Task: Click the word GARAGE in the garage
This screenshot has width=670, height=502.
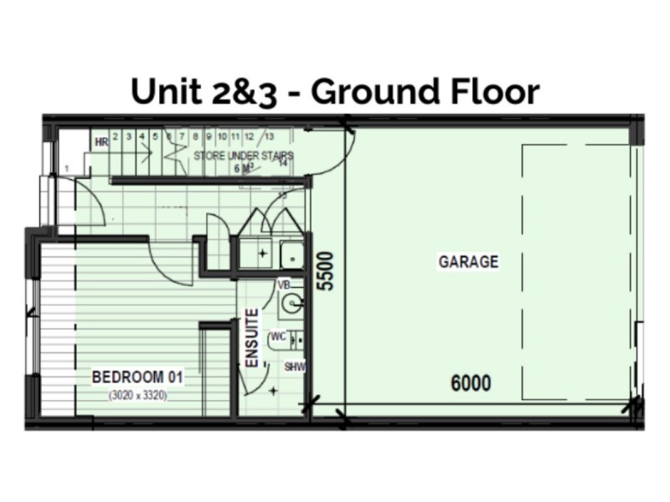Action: tap(468, 262)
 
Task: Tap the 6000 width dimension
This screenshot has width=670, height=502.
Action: tap(471, 384)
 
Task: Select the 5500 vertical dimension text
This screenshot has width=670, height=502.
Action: tap(326, 270)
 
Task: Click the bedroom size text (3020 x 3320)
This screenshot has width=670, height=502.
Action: tap(138, 396)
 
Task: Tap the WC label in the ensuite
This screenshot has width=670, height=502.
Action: tap(279, 336)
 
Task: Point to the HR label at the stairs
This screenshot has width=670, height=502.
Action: tap(101, 142)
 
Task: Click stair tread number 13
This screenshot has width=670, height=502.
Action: tap(269, 136)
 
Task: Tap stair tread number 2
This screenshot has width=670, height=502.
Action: tap(116, 136)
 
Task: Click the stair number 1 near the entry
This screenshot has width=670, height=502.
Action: tap(66, 170)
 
